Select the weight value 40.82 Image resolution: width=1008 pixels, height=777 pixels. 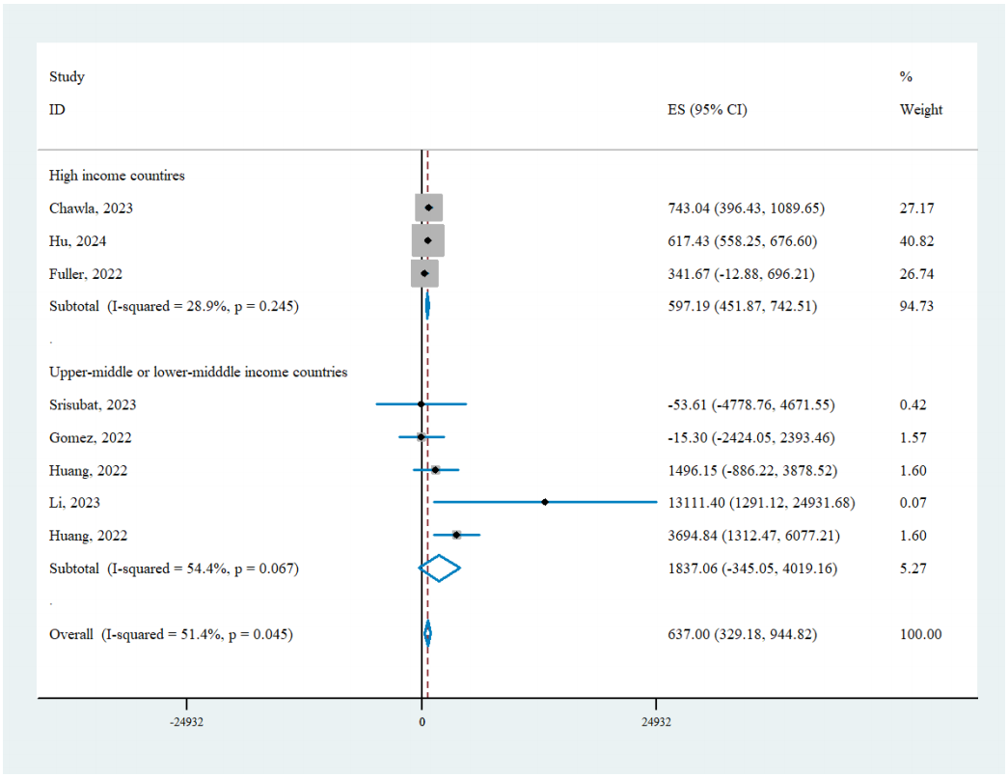[916, 241]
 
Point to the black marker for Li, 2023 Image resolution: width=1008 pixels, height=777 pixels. [545, 502]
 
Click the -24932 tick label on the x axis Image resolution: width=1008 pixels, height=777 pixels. [186, 722]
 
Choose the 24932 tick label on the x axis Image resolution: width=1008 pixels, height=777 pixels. [656, 722]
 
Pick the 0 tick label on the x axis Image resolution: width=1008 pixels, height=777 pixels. [422, 722]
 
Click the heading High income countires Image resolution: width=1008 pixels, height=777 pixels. [117, 176]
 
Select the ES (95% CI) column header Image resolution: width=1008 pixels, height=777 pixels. [700, 110]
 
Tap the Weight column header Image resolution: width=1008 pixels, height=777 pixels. [921, 110]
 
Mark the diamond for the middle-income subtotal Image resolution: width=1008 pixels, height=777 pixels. [440, 569]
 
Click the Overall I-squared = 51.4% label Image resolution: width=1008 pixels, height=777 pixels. [172, 634]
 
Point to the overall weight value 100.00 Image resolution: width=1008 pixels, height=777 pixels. [920, 634]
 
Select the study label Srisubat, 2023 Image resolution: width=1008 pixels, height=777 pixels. [92, 404]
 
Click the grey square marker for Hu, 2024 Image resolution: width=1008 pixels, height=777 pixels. [428, 240]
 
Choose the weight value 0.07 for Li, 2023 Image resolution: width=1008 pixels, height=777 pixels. [913, 503]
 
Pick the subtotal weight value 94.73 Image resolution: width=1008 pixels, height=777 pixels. [916, 306]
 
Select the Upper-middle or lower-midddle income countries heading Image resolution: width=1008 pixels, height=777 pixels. [199, 372]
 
